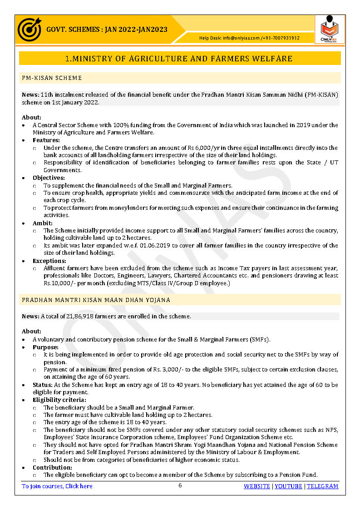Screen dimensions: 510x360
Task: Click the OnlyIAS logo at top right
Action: [330, 29]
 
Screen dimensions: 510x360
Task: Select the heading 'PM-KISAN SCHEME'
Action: [52, 78]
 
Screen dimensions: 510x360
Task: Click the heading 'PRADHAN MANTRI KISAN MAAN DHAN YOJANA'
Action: [96, 300]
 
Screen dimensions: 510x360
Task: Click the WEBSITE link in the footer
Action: [256, 486]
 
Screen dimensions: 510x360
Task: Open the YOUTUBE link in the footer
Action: [288, 486]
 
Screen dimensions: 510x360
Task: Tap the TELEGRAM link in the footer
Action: [322, 486]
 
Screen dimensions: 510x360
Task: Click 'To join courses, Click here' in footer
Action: [57, 486]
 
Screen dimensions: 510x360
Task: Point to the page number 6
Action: [180, 485]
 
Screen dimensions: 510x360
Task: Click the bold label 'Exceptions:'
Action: [49, 261]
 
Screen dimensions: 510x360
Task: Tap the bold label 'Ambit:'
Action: [42, 223]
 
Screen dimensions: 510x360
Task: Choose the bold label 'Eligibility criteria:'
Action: [59, 400]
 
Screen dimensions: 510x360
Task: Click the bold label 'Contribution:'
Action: [52, 467]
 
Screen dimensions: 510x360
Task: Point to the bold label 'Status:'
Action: [43, 385]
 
